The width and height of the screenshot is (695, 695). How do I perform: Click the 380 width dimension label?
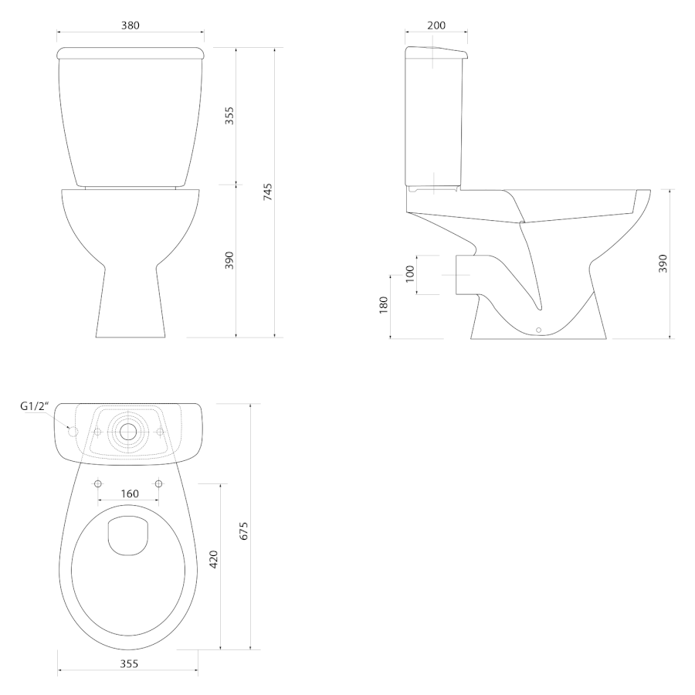[131, 25]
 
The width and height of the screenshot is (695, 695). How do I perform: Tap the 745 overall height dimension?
[268, 192]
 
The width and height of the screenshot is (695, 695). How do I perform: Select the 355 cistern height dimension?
[229, 115]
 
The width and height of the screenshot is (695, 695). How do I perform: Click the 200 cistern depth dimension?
[436, 25]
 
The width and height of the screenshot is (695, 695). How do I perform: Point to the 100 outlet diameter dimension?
[409, 274]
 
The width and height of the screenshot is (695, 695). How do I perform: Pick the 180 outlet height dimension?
[383, 305]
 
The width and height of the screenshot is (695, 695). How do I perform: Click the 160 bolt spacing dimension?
[130, 493]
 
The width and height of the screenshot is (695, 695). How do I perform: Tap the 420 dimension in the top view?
[214, 559]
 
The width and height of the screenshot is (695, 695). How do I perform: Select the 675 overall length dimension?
[244, 531]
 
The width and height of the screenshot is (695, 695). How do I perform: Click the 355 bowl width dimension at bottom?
[129, 663]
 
